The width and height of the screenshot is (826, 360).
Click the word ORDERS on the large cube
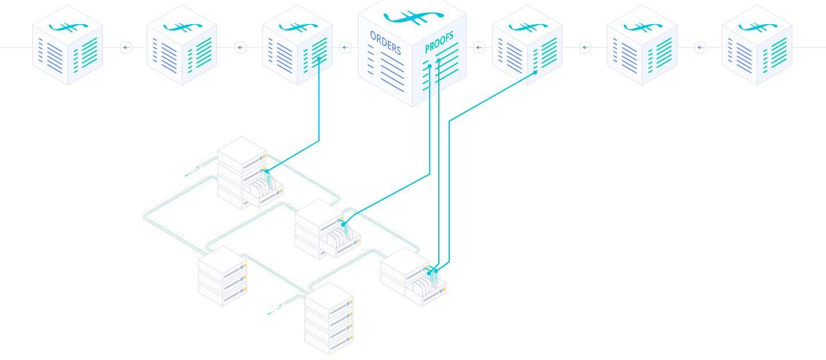coord(385,42)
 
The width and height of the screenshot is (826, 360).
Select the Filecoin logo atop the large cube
coord(413,18)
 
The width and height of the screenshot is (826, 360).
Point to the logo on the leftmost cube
coord(68,26)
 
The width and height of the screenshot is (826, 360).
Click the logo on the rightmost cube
coord(757,26)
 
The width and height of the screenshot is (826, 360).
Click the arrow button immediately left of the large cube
coord(345,48)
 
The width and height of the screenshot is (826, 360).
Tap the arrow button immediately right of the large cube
coord(479,48)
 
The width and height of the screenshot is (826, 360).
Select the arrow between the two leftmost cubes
coord(126,48)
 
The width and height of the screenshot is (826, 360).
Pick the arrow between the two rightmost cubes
coord(700,48)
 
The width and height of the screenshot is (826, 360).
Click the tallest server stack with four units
coord(329,318)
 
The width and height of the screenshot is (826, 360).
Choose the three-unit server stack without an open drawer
coord(222,276)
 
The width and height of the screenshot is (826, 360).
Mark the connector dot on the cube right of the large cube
coord(535,72)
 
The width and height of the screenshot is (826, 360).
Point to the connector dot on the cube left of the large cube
coord(319,58)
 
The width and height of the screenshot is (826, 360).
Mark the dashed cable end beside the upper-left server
coord(192,171)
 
